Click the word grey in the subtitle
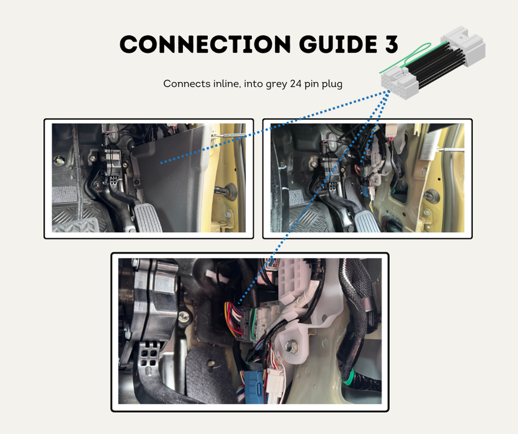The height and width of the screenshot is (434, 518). click(276, 84)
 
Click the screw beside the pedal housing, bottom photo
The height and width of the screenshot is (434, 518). click(184, 318)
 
